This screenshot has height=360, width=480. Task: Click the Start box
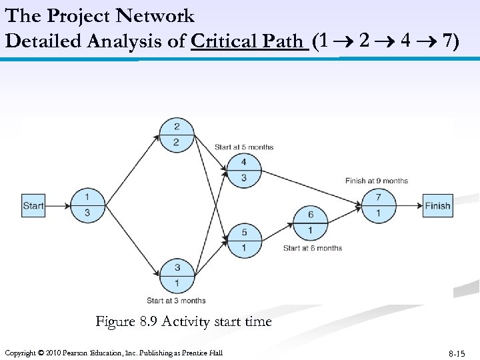click(33, 206)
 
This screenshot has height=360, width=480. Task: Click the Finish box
click(437, 206)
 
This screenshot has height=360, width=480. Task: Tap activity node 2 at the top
click(176, 135)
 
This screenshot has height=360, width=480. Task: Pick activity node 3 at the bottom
click(177, 275)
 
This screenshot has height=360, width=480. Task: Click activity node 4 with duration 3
click(243, 170)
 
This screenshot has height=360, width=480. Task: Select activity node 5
click(243, 240)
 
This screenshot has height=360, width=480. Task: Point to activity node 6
click(311, 222)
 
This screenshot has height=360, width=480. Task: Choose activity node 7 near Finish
click(379, 205)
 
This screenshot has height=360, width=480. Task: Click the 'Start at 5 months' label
click(243, 147)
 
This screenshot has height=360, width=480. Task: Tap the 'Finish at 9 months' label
click(376, 181)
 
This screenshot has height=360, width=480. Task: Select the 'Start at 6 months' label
click(312, 248)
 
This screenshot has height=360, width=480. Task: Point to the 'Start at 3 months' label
click(176, 301)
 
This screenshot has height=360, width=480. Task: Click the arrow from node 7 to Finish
click(409, 206)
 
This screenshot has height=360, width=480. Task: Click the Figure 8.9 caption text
click(183, 322)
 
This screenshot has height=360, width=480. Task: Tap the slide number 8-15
click(457, 353)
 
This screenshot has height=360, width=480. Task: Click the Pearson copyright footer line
click(113, 352)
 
